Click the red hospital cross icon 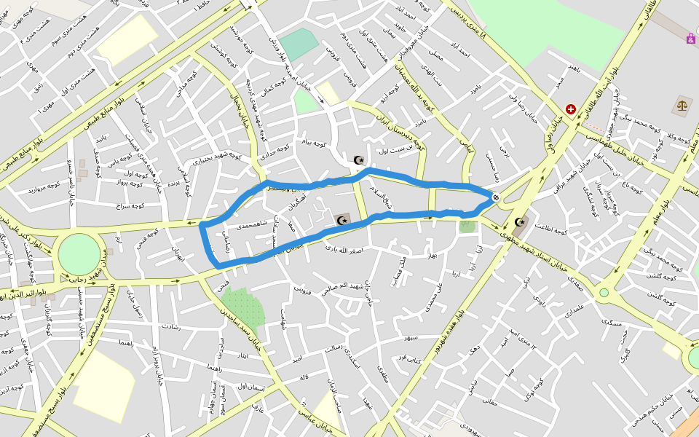click(x=570, y=109)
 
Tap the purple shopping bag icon click(x=690, y=38)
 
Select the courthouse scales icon click(x=682, y=106)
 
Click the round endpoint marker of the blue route click(x=496, y=197)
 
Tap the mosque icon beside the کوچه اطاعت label click(x=520, y=222)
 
